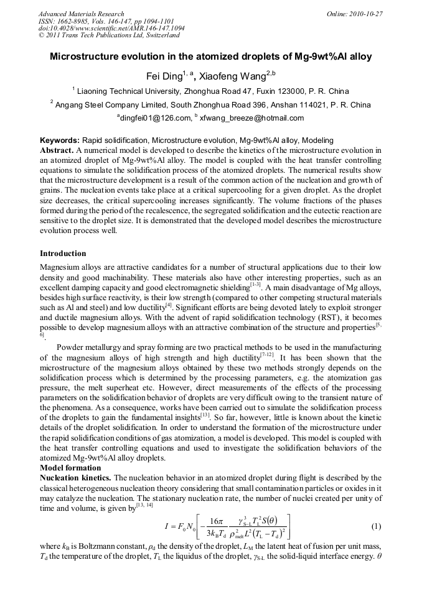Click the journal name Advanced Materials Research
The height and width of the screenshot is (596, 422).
click(81, 13)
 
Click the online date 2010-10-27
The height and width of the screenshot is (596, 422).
click(368, 13)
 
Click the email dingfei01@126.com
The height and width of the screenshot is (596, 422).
click(153, 118)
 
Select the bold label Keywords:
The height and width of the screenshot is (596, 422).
click(59, 141)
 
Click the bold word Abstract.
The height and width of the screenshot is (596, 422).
click(57, 150)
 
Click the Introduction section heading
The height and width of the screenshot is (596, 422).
click(63, 254)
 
